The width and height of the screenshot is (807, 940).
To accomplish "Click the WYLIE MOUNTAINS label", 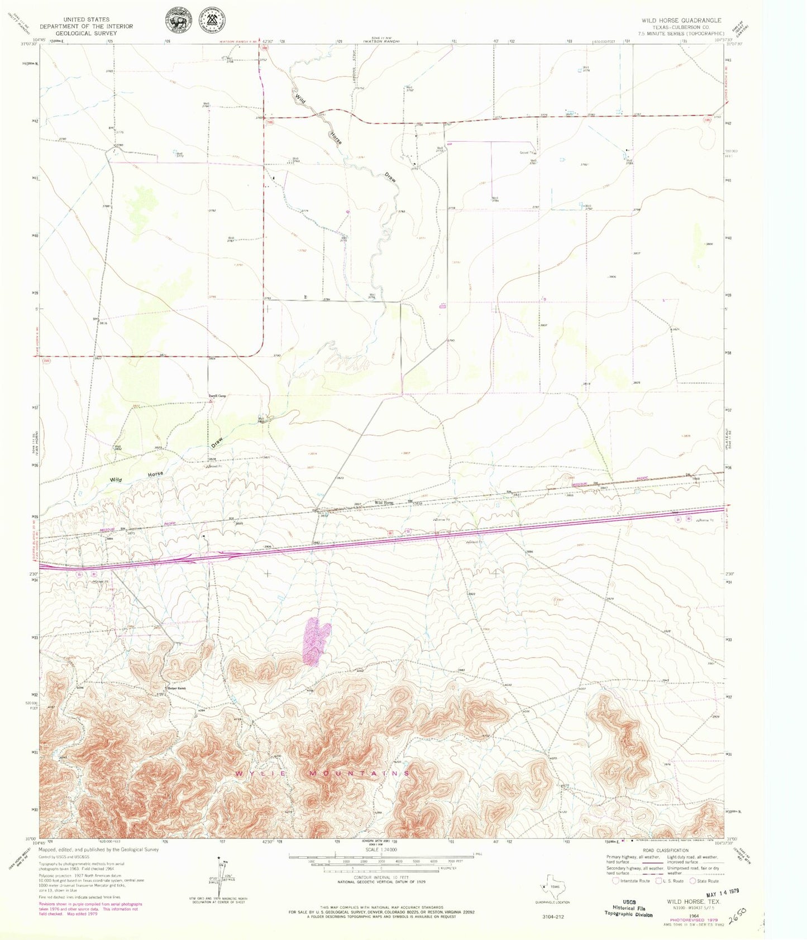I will pyautogui.click(x=322, y=773).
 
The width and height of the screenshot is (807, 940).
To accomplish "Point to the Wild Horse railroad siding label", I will pyautogui.click(x=384, y=502).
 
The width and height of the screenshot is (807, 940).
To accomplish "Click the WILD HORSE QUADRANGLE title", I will pyautogui.click(x=681, y=20).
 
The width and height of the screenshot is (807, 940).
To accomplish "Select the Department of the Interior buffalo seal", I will pyautogui.click(x=178, y=21).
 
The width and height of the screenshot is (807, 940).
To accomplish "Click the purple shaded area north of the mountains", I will pyautogui.click(x=316, y=641).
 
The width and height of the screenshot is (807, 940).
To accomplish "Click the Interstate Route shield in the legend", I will pyautogui.click(x=616, y=881).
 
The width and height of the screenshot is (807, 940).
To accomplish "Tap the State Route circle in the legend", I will pyautogui.click(x=693, y=881).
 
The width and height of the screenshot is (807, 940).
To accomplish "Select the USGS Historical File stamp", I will pyautogui.click(x=628, y=908).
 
